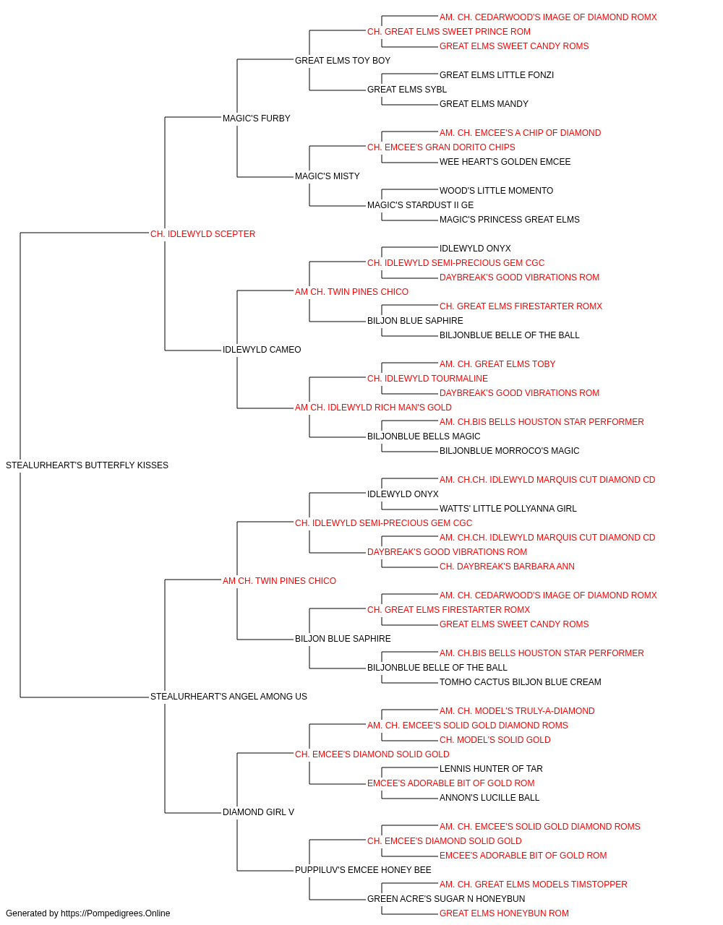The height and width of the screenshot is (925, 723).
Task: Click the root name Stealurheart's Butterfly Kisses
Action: [x=87, y=465]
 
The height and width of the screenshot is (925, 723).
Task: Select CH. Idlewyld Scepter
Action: [x=202, y=234]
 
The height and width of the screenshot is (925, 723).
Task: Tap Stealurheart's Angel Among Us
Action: [x=228, y=697]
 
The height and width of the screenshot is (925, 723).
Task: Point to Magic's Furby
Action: [x=257, y=119]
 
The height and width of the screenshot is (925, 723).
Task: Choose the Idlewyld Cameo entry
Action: [x=262, y=350]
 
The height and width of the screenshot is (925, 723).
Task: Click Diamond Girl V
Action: [x=258, y=812]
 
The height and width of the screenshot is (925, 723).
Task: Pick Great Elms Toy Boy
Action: [x=343, y=61]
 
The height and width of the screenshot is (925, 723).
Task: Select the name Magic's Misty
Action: [x=328, y=176]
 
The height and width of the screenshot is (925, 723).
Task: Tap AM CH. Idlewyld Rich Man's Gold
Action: [x=373, y=408]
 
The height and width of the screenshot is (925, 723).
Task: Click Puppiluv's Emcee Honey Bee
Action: [x=363, y=870]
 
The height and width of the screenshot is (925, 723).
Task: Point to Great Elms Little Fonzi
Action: [x=497, y=75]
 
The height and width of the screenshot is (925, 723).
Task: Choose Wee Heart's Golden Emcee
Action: [x=505, y=162]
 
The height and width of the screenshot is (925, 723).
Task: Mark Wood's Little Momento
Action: [x=497, y=191]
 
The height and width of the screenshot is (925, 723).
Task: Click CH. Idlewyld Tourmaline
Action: [x=427, y=379]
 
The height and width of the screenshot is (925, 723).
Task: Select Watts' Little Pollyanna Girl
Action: [x=508, y=509]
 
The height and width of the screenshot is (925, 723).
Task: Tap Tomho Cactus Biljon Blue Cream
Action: [x=521, y=682]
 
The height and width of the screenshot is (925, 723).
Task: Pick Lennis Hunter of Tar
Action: [x=491, y=769]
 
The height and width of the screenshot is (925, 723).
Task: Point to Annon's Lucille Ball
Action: [x=489, y=798]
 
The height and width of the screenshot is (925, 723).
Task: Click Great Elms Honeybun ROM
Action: [x=504, y=913]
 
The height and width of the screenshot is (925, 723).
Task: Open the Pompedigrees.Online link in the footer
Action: [x=116, y=913]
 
